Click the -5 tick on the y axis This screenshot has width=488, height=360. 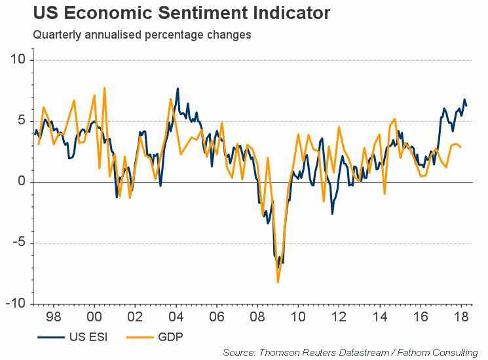pos(18,243)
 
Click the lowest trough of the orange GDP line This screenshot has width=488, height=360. pos(278,282)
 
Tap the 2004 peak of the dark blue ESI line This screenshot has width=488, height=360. pos(178,88)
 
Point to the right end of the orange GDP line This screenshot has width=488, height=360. pos(461,147)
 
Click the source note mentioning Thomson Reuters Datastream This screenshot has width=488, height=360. pos(350,353)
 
